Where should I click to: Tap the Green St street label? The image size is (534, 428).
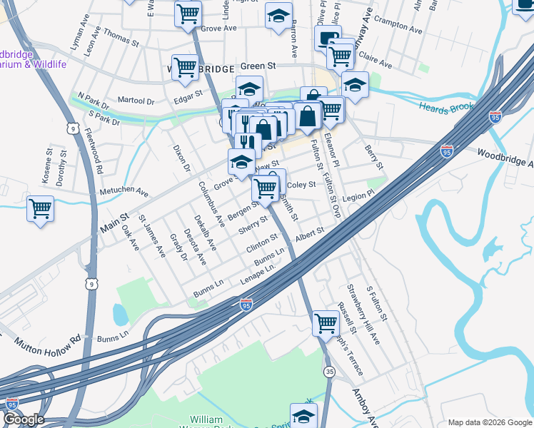tap(258, 66)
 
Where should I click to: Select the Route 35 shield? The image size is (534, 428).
tap(329, 372)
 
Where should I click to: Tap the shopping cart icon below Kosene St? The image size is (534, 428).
tap(41, 209)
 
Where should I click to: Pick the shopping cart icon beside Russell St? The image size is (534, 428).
tap(326, 323)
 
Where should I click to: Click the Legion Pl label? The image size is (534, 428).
tap(358, 195)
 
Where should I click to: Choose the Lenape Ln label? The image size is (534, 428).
tap(257, 275)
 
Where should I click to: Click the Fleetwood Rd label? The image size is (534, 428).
tap(94, 148)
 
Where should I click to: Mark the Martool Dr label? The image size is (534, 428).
tap(136, 101)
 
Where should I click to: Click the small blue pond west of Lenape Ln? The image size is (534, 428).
tap(120, 312)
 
